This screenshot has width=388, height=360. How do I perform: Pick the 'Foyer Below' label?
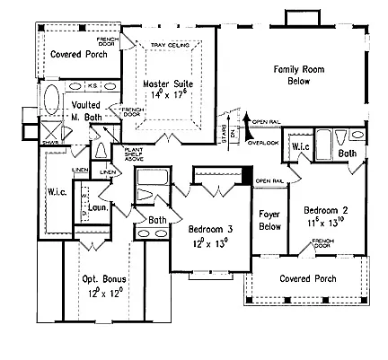pyautogui.click(x=269, y=222)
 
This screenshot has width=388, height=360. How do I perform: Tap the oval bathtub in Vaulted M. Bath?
pyautogui.click(x=50, y=98)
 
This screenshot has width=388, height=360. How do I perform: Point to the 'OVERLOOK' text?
pyautogui.click(x=266, y=142)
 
